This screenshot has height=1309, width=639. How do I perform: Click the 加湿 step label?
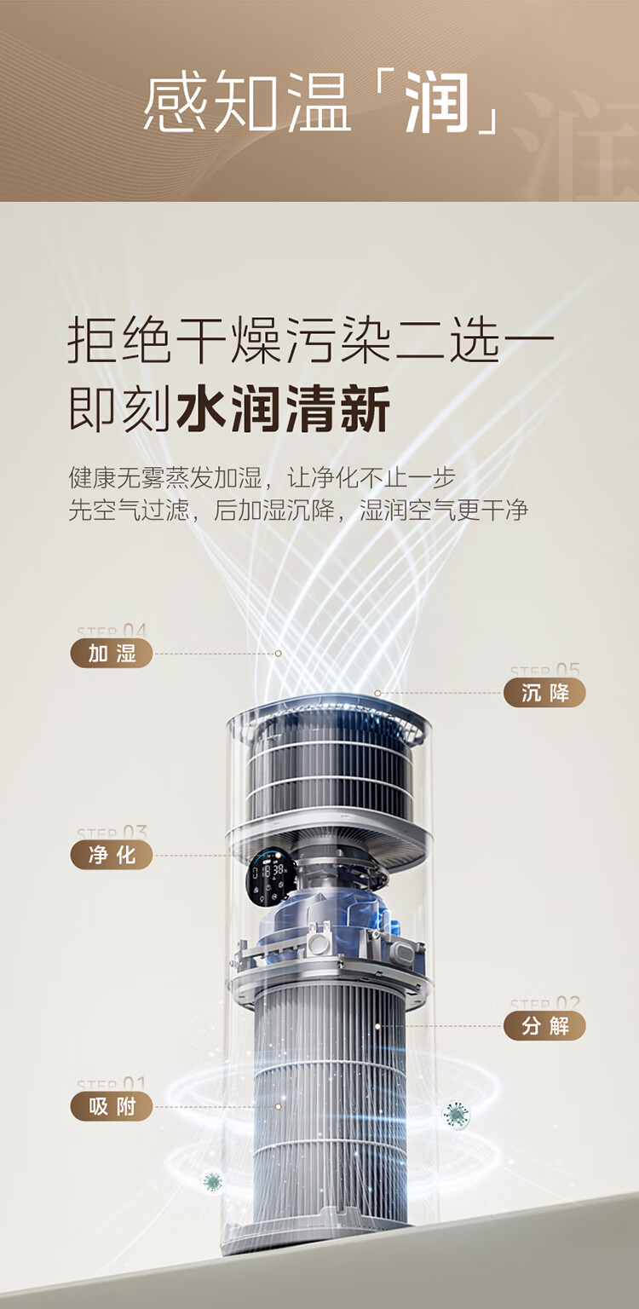pos(112,654)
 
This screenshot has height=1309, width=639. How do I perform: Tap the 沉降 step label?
pos(544,693)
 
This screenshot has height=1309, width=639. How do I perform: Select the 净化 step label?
pos(112,855)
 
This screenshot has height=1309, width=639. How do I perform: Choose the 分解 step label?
pos(544,1026)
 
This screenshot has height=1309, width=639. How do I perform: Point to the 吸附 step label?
pos(112,1107)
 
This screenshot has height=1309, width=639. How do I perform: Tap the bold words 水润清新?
pos(283,410)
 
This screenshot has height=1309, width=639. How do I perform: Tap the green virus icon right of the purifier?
pos(457,1114)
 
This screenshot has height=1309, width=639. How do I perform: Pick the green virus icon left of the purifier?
pos(212,1182)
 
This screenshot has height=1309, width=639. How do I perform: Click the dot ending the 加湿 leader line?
pos(278,654)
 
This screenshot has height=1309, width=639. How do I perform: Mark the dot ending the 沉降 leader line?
pos(377,693)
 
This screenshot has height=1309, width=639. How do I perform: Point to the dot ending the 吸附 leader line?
pos(278,1107)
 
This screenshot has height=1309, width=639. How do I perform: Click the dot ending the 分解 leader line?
pos(377,1026)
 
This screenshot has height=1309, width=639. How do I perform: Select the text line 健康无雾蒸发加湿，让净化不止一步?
pos(262,477)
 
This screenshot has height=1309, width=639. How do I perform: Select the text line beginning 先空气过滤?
pos(298,510)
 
